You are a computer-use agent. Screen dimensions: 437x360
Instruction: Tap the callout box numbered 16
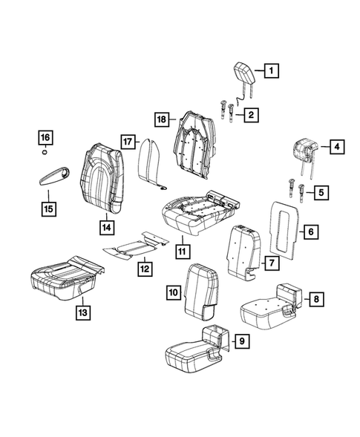tap(45, 137)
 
